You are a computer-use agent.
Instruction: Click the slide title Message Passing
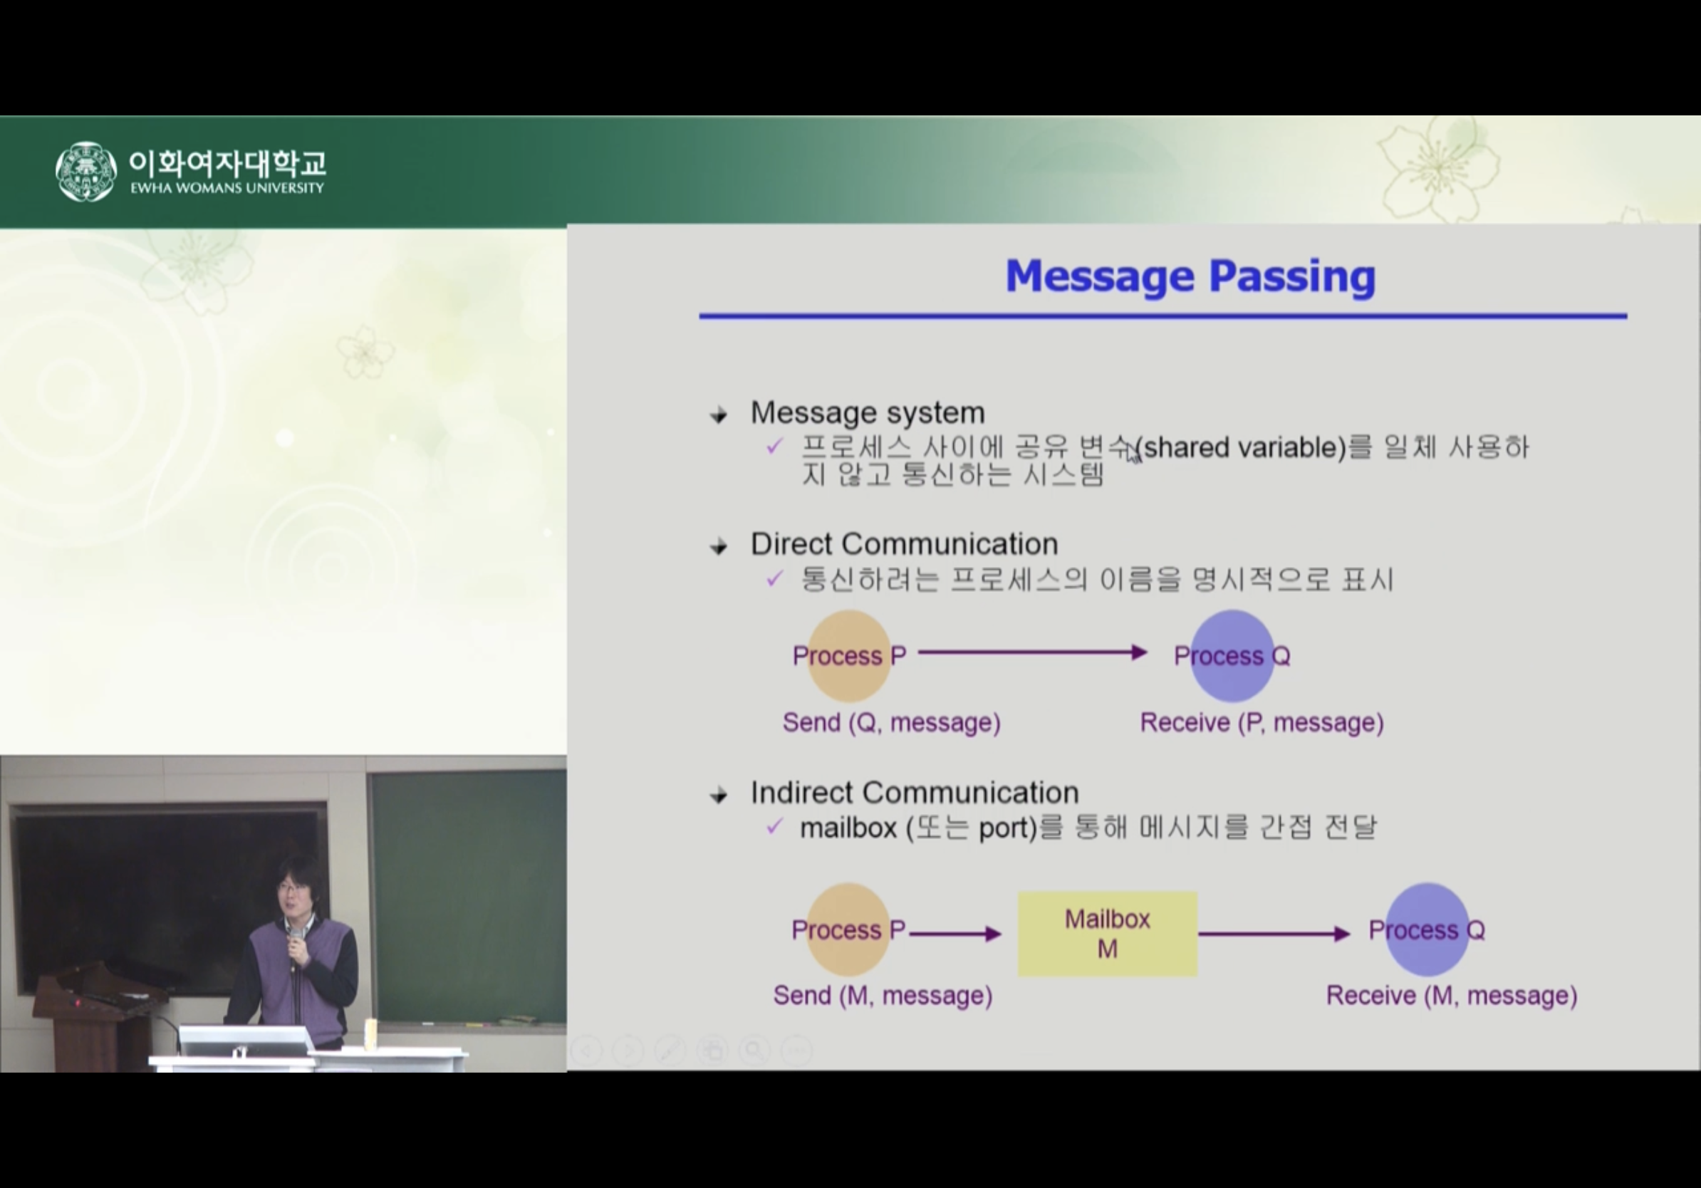click(x=1190, y=276)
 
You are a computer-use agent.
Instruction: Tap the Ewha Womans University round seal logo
click(x=86, y=171)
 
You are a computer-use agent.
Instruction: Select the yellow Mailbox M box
click(x=1108, y=934)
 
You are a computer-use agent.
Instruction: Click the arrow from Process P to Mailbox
click(x=956, y=934)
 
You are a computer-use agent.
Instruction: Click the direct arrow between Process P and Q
click(x=1033, y=652)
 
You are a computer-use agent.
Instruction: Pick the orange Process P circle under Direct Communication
click(x=849, y=655)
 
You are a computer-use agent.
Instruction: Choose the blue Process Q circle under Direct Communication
click(x=1232, y=655)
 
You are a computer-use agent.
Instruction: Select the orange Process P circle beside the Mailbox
click(x=848, y=929)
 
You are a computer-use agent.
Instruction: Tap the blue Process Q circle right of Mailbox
click(x=1427, y=929)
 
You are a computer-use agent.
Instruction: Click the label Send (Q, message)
click(x=892, y=722)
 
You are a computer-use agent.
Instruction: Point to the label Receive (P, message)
click(x=1262, y=722)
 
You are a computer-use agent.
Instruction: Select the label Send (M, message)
click(x=883, y=996)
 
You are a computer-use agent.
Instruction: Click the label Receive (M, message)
click(x=1451, y=996)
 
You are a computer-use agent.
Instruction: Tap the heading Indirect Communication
click(x=915, y=793)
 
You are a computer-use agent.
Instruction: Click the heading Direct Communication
click(x=905, y=543)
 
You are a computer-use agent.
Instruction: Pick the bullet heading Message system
click(x=868, y=412)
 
